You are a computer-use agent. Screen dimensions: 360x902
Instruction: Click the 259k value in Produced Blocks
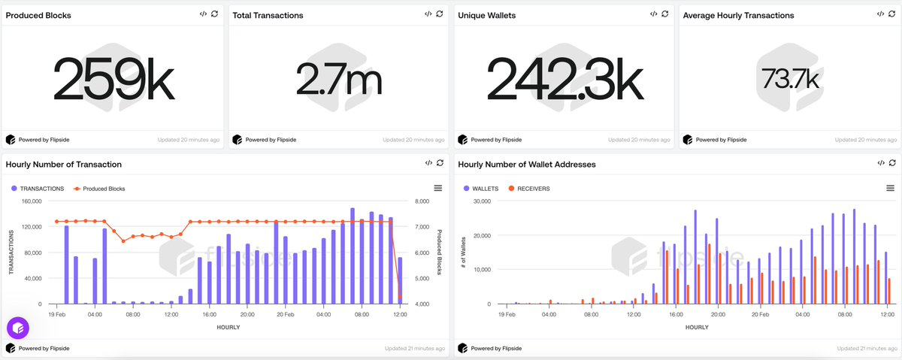click(x=113, y=78)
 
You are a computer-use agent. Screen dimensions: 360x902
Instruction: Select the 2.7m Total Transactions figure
click(x=338, y=78)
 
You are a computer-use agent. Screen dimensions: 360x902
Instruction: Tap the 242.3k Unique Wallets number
click(x=565, y=78)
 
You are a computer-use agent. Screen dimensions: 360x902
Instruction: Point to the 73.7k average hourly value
click(x=789, y=78)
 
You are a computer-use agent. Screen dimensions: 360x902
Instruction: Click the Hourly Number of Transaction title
click(x=63, y=164)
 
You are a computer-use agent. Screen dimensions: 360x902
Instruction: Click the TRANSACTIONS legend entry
click(x=41, y=189)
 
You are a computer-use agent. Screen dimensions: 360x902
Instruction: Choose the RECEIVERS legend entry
click(x=529, y=189)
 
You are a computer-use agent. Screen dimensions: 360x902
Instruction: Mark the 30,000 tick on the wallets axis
click(x=479, y=201)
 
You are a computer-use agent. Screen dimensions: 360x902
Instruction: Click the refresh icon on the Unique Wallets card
click(x=665, y=14)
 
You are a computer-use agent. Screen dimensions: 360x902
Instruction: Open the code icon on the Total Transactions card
click(x=428, y=14)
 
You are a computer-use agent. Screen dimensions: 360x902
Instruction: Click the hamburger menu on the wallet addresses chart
click(x=890, y=188)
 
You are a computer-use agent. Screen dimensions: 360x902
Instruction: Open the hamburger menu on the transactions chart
click(x=438, y=188)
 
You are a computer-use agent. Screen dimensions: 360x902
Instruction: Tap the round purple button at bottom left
click(x=18, y=328)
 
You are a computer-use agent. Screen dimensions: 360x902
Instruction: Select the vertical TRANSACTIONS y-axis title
click(x=11, y=253)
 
